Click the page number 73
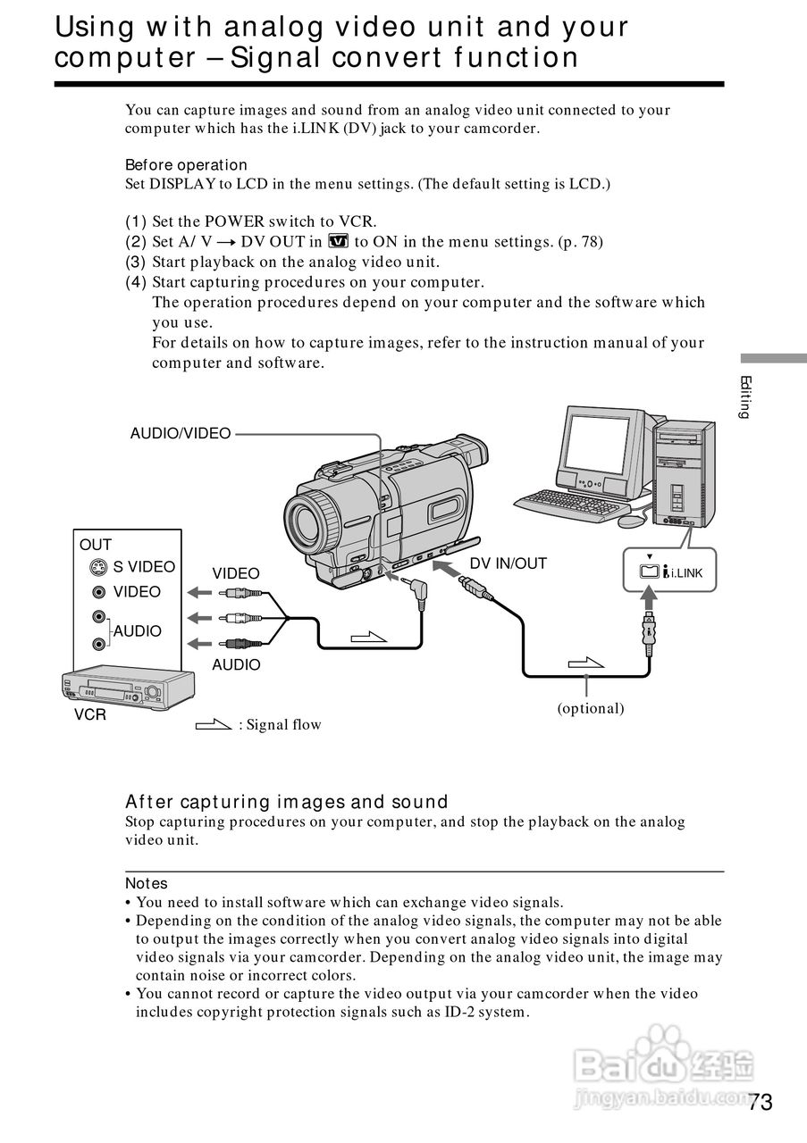click(x=760, y=1102)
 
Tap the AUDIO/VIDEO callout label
click(x=181, y=434)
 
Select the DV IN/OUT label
click(x=508, y=563)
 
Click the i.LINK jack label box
click(x=671, y=572)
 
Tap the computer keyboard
click(x=567, y=505)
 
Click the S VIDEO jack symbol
click(x=99, y=568)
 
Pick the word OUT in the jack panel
click(x=96, y=545)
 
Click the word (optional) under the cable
click(x=591, y=708)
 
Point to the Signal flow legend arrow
click(x=214, y=724)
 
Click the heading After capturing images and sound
click(x=286, y=802)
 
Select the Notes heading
click(x=147, y=883)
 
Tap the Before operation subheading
click(x=186, y=165)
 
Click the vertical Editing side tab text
click(x=744, y=397)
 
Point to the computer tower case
click(x=684, y=473)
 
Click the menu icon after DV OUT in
click(x=338, y=241)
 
